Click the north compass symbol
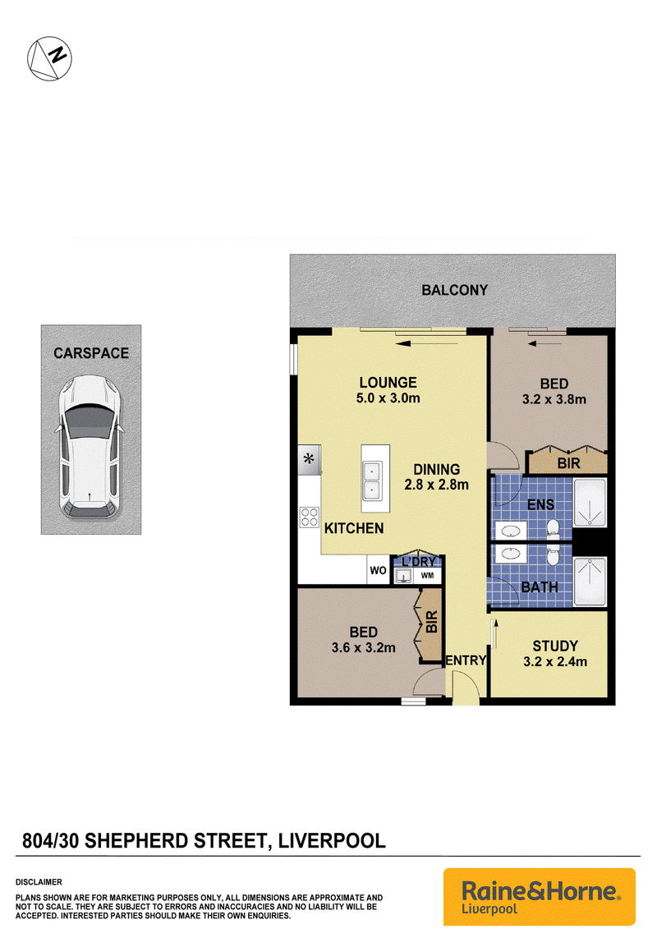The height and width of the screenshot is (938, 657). [x=49, y=59]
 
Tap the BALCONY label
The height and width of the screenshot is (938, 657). [x=455, y=290]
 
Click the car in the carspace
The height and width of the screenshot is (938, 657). [x=90, y=447]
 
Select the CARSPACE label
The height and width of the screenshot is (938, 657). [x=91, y=353]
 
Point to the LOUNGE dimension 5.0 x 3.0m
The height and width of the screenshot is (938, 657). [x=388, y=398]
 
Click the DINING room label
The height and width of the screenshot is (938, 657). [x=437, y=470]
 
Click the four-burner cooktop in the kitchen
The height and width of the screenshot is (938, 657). [x=310, y=517]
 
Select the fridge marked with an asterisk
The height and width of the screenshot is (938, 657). [x=310, y=460]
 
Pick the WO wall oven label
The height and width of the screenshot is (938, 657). [x=378, y=571]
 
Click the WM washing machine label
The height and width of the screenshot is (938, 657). [x=427, y=576]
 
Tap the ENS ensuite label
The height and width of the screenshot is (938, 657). [x=540, y=505]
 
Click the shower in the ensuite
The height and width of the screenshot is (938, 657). [x=590, y=503]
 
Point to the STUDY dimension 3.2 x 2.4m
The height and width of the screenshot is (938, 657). [x=555, y=662]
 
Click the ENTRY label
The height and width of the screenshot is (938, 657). [x=466, y=660]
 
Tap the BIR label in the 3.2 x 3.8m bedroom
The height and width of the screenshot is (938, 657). [x=568, y=463]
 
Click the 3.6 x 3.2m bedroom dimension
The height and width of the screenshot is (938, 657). [x=364, y=647]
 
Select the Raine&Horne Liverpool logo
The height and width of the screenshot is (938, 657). [x=539, y=897]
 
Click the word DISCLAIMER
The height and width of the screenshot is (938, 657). [x=39, y=882]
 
